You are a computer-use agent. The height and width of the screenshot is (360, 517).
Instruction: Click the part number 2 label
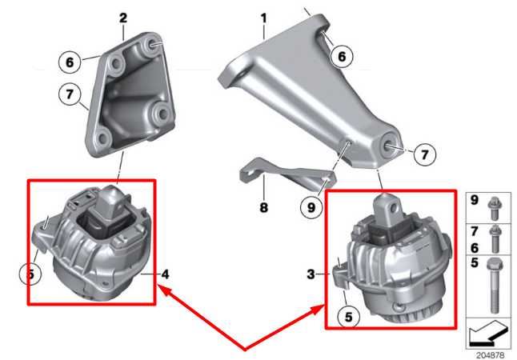point(122,17)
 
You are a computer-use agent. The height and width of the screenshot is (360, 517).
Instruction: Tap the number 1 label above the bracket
point(263,16)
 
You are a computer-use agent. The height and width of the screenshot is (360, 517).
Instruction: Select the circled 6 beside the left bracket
point(70,59)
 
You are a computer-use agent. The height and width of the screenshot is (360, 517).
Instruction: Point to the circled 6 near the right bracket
point(341,57)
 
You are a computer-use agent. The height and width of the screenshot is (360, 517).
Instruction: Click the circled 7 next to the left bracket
point(70,98)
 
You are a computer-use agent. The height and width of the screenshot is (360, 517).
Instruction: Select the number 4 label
point(166,275)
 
